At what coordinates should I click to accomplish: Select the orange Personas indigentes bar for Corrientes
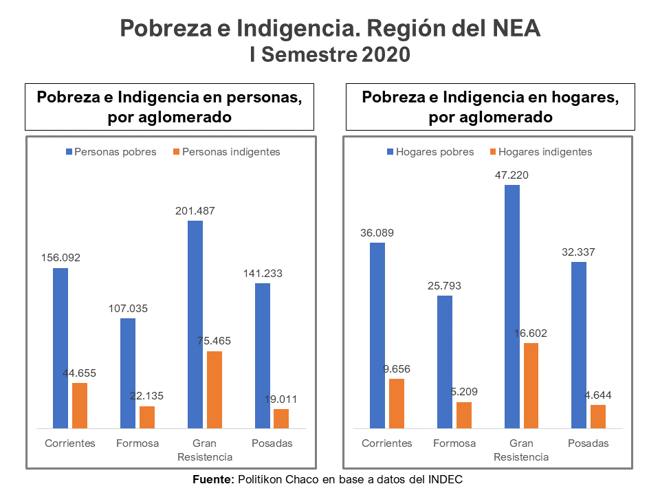(80, 406)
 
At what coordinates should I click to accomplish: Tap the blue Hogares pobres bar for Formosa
(445, 362)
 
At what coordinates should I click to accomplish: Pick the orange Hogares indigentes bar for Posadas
(598, 417)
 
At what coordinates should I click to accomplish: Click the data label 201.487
(195, 211)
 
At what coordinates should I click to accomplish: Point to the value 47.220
(512, 175)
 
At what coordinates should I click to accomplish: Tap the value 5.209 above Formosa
(464, 392)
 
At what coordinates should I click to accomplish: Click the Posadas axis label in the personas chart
(272, 443)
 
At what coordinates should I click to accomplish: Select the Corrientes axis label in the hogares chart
(387, 443)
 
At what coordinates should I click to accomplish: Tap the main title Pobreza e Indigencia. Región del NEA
(330, 29)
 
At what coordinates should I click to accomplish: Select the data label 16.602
(531, 333)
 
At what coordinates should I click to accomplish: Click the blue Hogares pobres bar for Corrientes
(377, 335)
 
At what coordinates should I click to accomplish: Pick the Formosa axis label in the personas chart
(137, 443)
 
